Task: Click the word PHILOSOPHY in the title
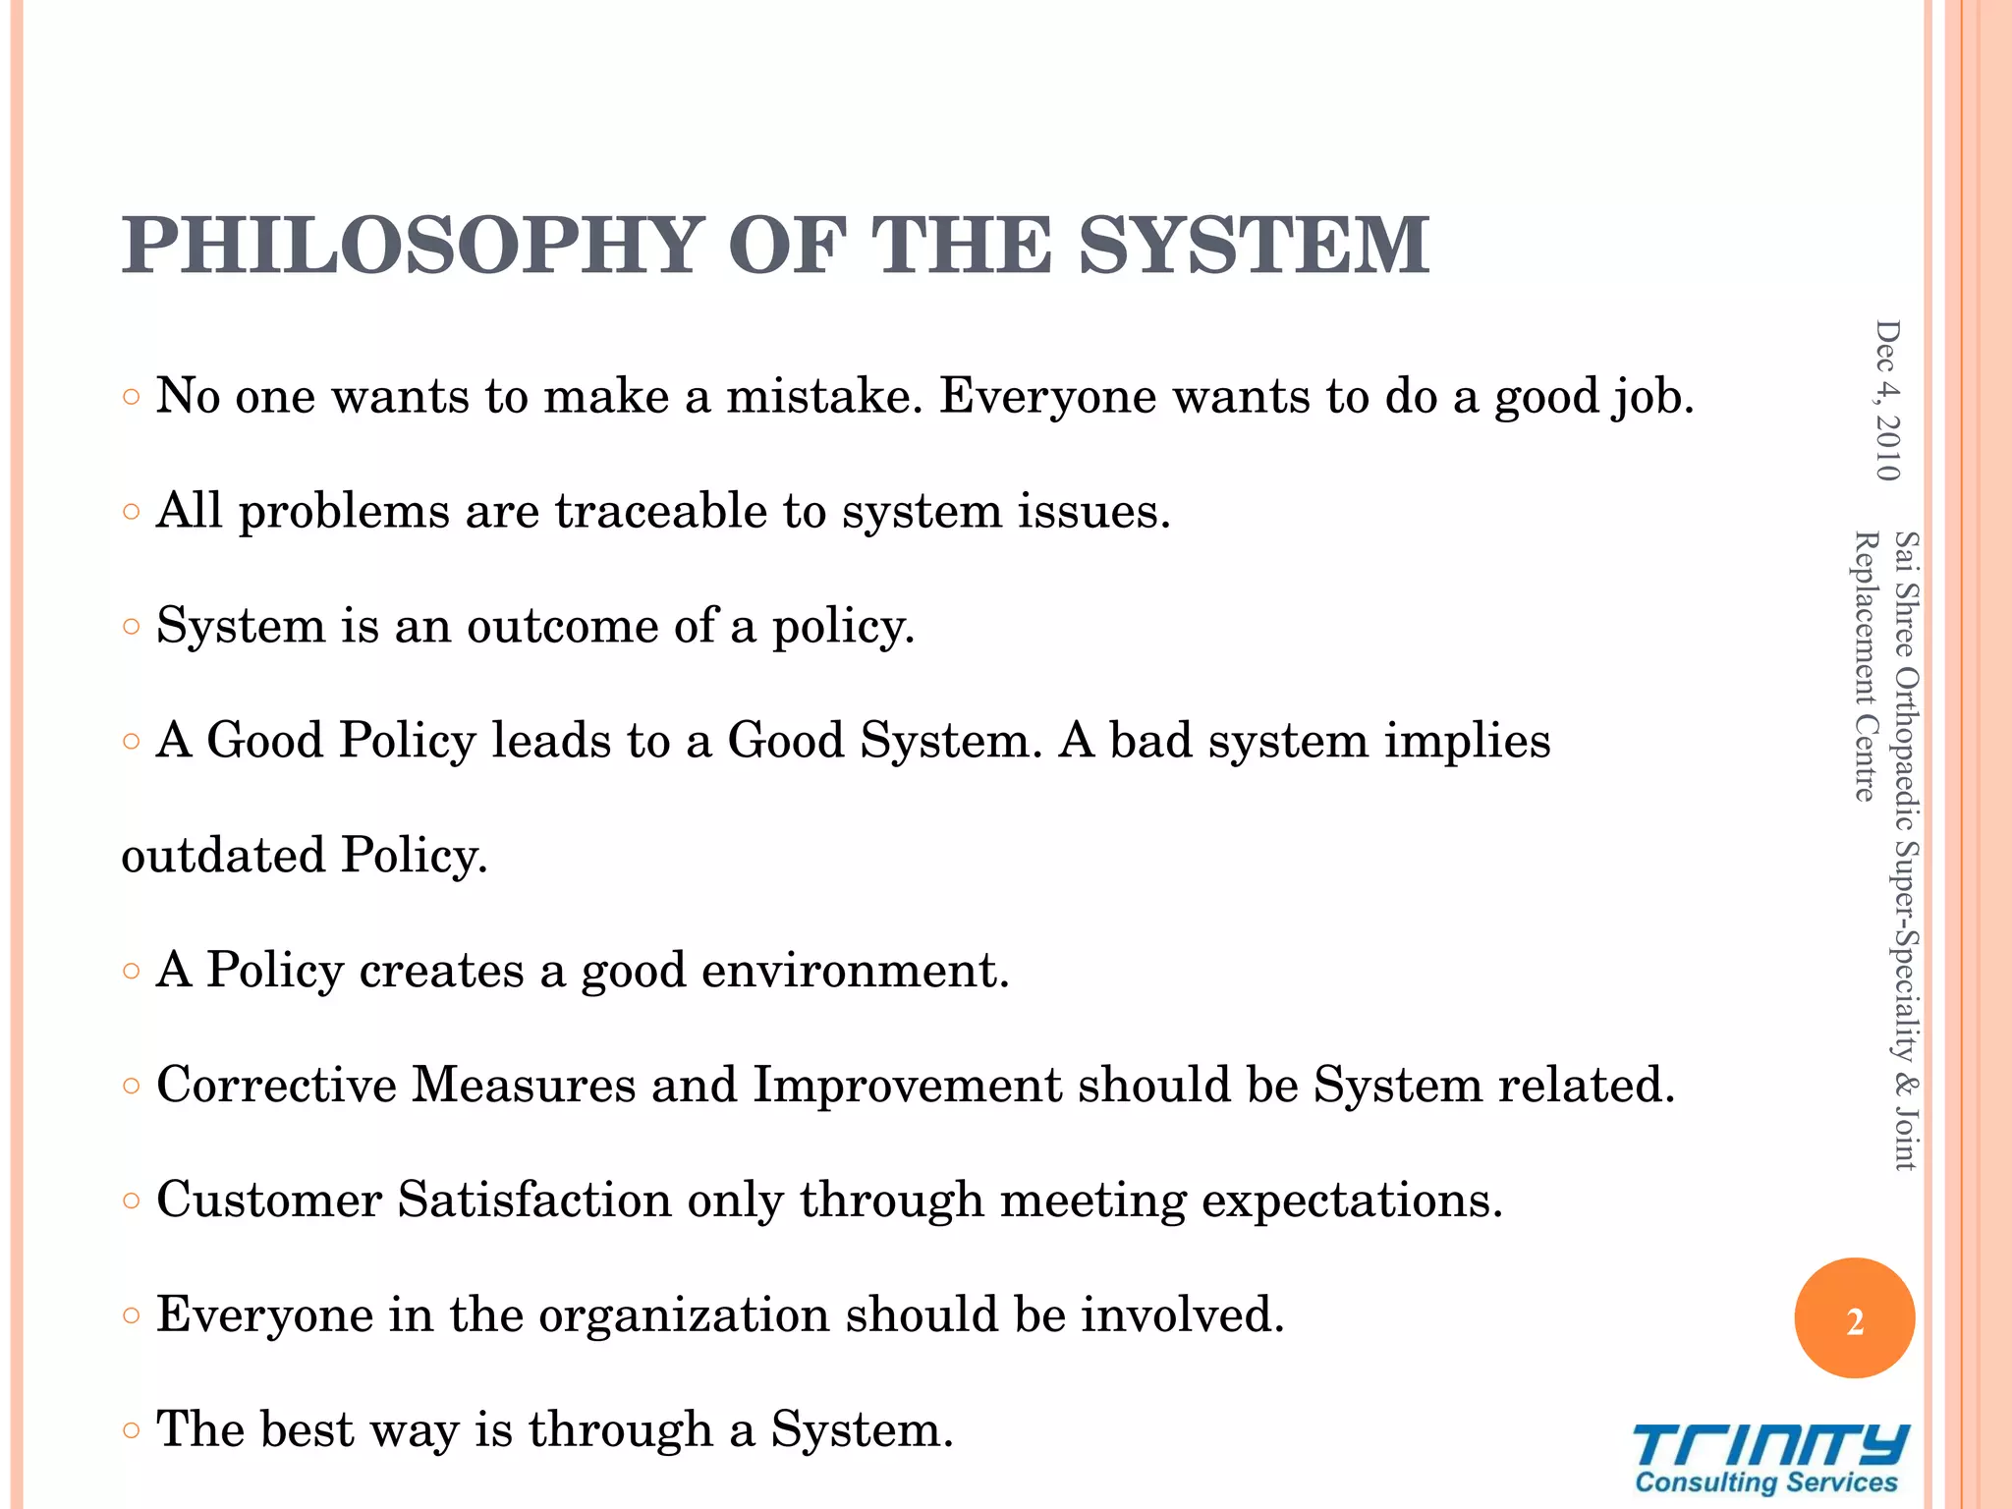tap(413, 246)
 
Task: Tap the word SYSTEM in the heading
tap(1254, 246)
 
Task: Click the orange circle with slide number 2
tap(1854, 1318)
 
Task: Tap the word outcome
tap(562, 626)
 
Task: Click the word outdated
tap(223, 856)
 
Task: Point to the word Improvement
tap(907, 1086)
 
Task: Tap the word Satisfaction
tap(533, 1201)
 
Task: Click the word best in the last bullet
tap(304, 1429)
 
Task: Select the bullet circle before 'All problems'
tap(133, 512)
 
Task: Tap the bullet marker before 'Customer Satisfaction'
tap(133, 1201)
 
